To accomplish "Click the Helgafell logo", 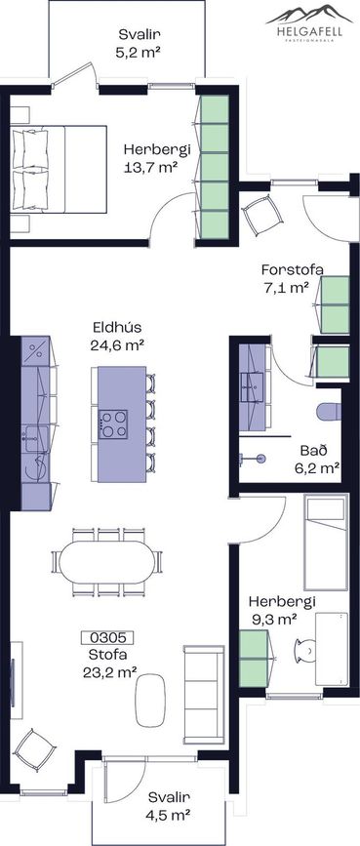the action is click(303, 22).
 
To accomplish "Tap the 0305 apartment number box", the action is click(107, 637).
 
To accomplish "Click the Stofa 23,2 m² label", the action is click(109, 664).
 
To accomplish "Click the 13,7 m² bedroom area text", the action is click(151, 167).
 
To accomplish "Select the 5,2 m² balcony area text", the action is click(140, 53).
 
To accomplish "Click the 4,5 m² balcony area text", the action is click(170, 815).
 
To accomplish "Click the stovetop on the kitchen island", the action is click(113, 423).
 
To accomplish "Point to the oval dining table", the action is click(107, 562).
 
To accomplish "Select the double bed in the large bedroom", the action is click(59, 170).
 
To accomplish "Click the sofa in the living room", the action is click(204, 694).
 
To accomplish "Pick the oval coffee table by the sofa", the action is click(150, 700).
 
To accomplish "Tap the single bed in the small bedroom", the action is click(326, 544).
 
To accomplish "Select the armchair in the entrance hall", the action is click(262, 214).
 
